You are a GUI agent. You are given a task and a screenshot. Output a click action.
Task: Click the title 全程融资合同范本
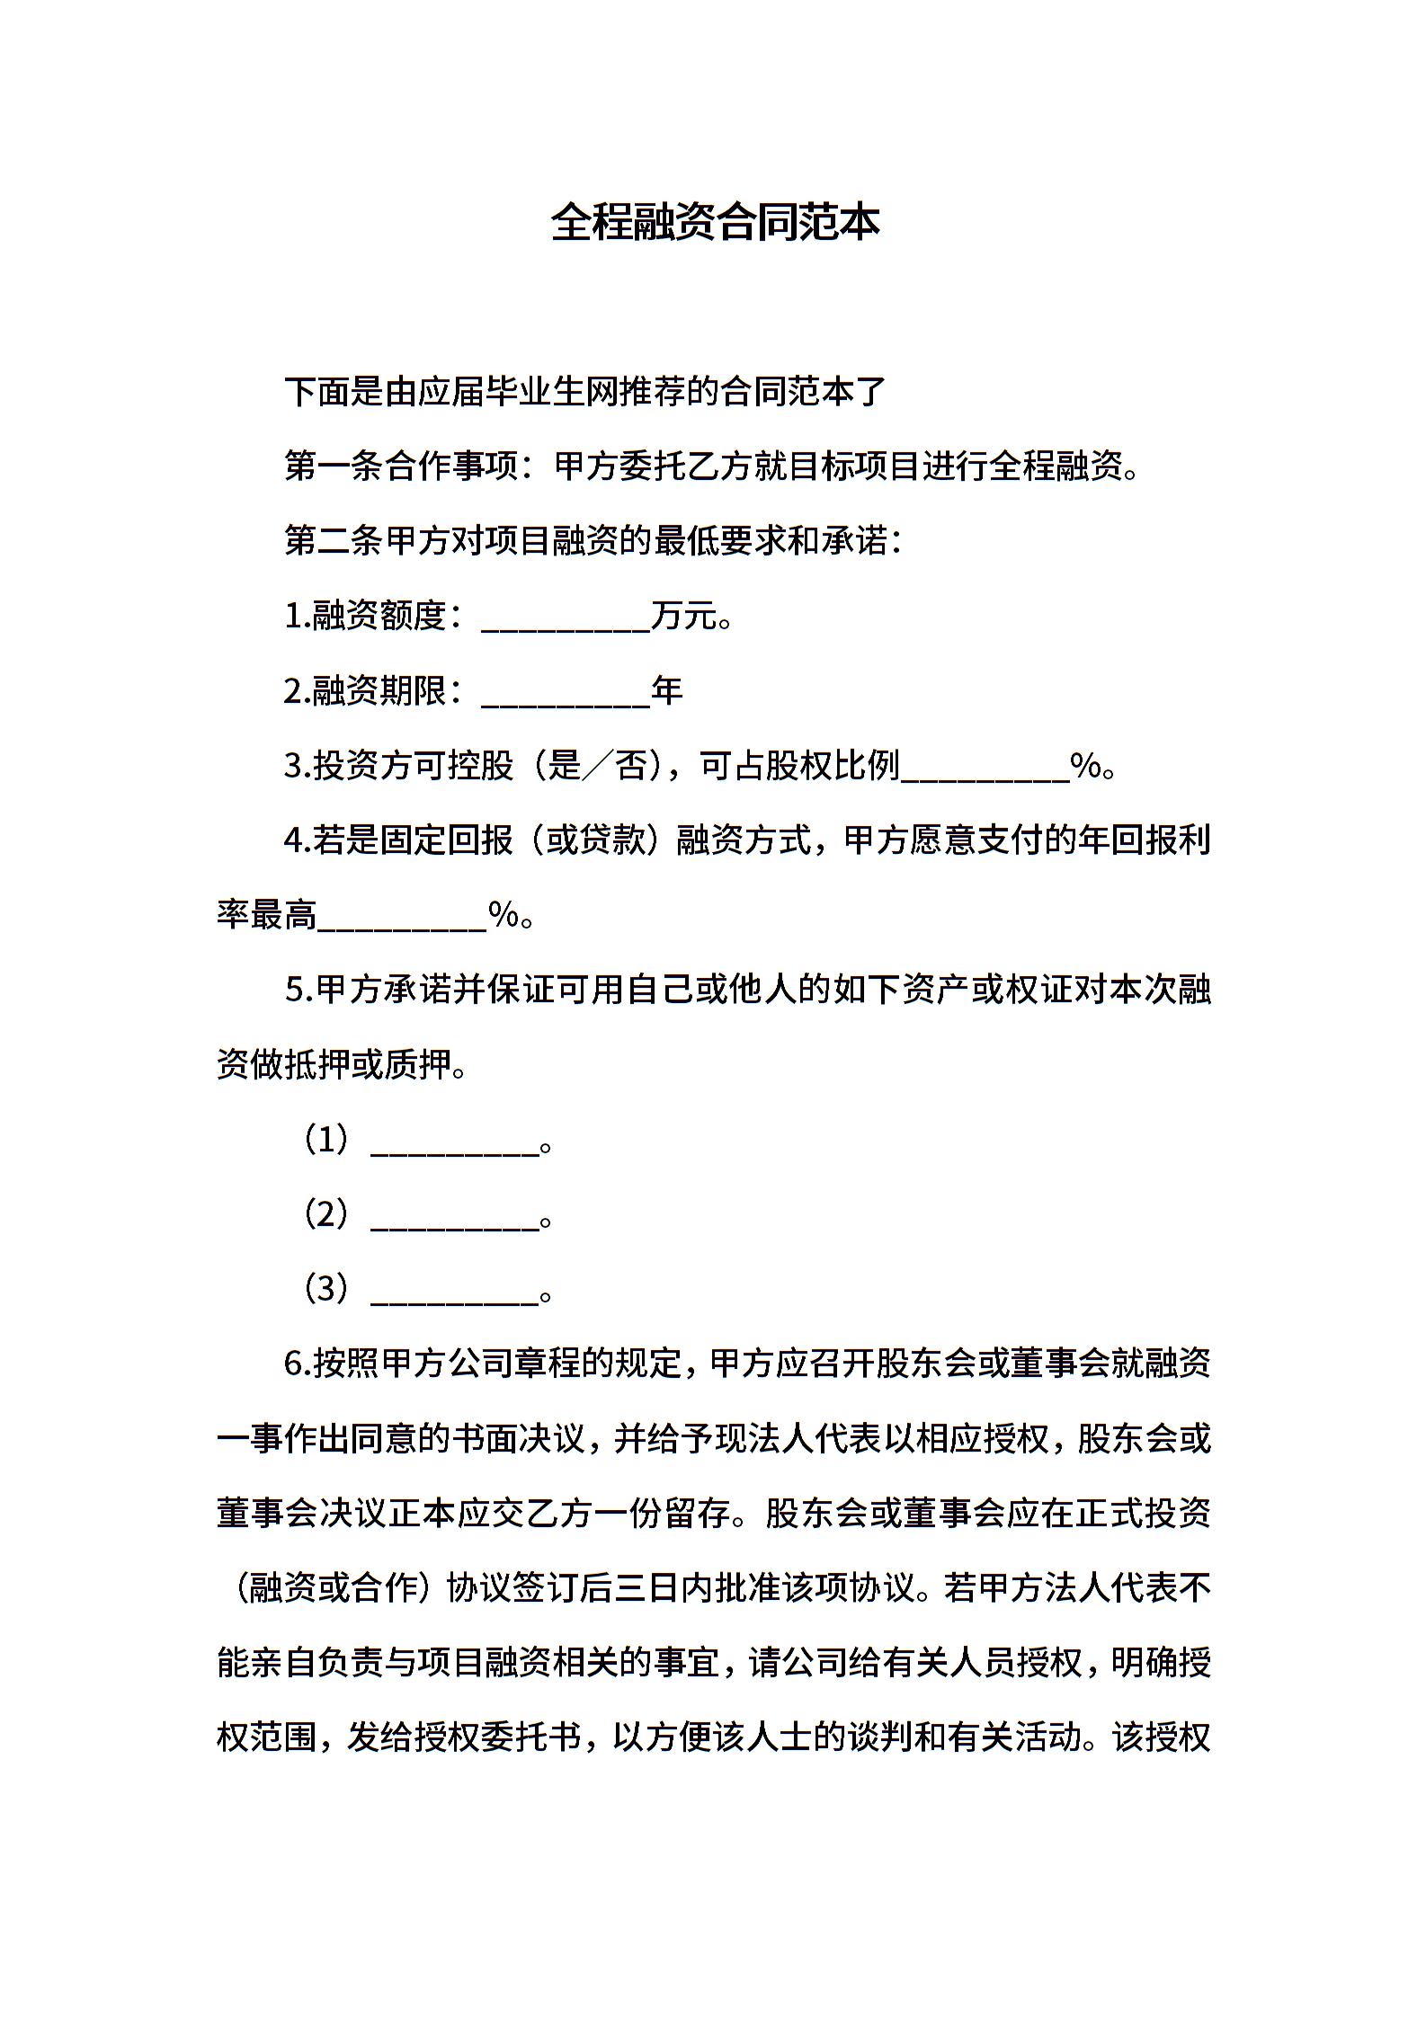(714, 222)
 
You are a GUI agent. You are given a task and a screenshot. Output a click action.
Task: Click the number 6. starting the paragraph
(297, 1364)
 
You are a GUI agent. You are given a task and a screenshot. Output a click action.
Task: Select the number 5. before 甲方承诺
(297, 991)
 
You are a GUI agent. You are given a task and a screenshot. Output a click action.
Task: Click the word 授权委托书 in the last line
(497, 1738)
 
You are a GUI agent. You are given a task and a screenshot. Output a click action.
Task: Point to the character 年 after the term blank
(667, 691)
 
